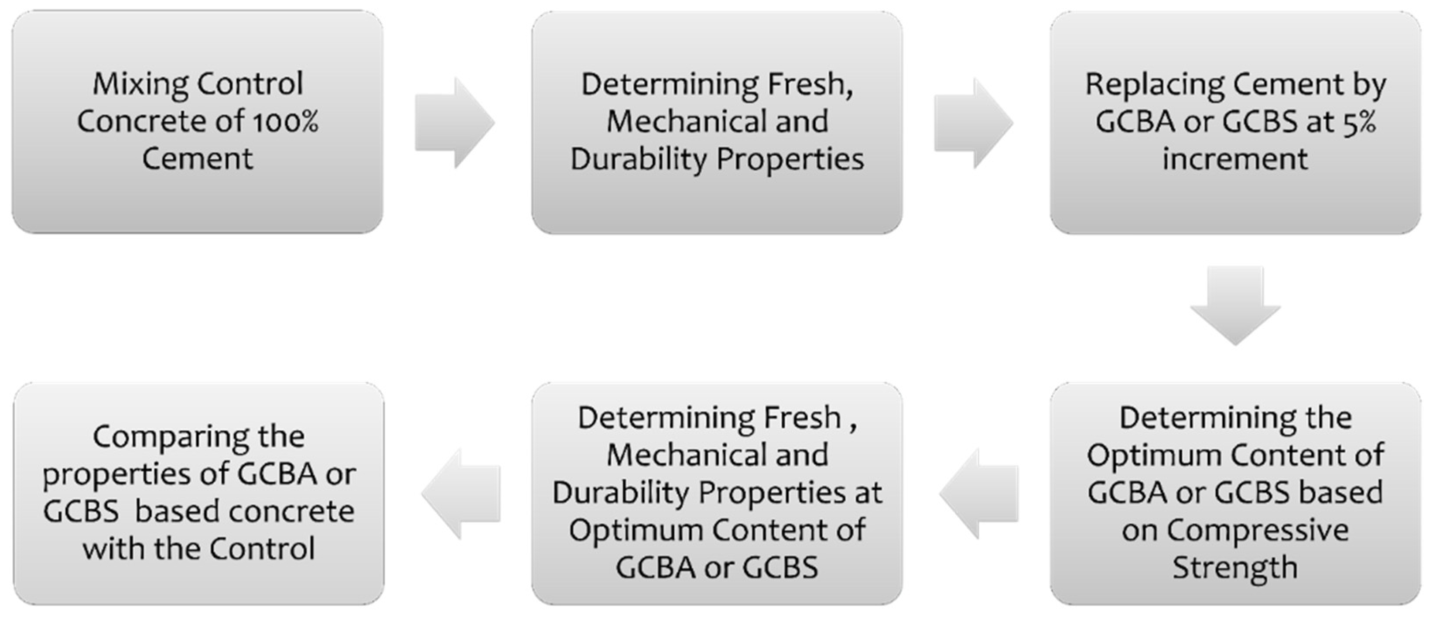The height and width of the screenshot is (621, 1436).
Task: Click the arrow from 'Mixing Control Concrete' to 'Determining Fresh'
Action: click(454, 123)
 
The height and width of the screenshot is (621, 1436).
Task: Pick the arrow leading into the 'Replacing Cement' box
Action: click(973, 123)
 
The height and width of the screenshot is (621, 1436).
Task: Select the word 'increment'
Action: click(1235, 159)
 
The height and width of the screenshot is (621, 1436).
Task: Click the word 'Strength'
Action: click(1235, 567)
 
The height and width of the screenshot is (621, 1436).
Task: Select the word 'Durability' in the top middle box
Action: click(639, 159)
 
